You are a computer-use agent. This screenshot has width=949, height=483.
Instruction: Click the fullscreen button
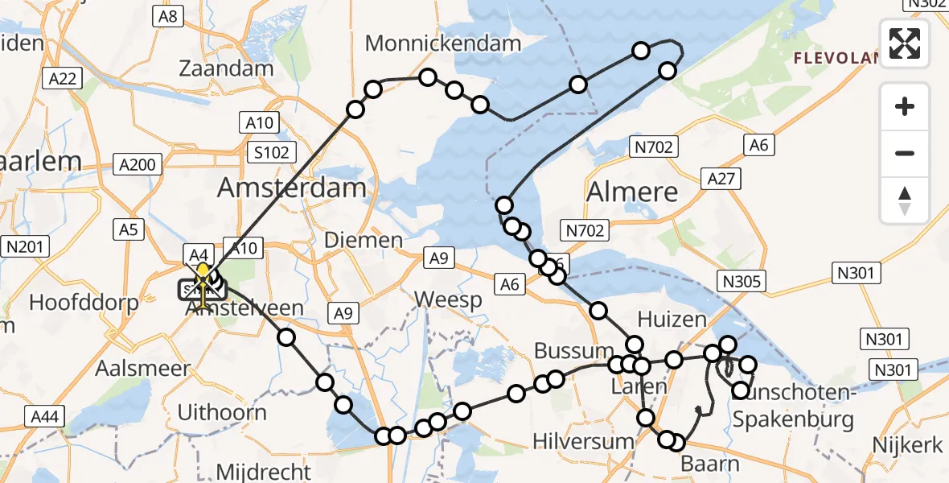click(905, 43)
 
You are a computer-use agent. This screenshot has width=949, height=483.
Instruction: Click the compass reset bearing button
click(905, 200)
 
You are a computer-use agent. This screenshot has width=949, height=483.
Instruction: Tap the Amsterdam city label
click(292, 189)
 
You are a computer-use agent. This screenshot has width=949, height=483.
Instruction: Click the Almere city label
click(631, 192)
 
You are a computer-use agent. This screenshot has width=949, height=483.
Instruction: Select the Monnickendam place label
click(443, 43)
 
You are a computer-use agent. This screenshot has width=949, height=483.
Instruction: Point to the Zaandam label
click(226, 68)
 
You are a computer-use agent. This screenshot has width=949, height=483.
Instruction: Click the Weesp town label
click(448, 300)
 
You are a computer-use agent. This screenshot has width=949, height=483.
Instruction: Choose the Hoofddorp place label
click(84, 303)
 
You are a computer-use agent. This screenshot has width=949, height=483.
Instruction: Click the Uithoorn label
click(221, 413)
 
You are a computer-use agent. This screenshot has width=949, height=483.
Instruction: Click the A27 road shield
click(720, 178)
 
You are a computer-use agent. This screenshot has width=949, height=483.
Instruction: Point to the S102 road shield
click(273, 152)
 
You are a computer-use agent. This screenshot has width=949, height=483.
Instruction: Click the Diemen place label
click(363, 239)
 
